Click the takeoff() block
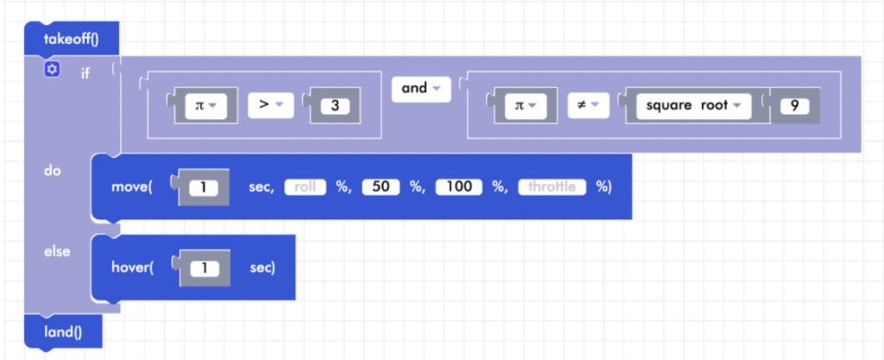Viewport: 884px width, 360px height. tap(71, 39)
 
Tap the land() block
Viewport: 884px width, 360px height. tap(63, 331)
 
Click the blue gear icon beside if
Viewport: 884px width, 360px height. tap(52, 69)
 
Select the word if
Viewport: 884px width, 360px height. tap(85, 73)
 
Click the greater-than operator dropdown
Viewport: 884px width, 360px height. tap(271, 105)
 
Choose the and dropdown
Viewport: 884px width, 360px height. tap(420, 88)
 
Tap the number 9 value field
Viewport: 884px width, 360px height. tap(794, 106)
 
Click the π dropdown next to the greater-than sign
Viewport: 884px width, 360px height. tap(205, 106)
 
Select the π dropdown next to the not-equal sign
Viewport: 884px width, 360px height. tap(523, 106)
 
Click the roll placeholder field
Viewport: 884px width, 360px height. tap(306, 186)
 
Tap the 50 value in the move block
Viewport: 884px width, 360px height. tap(380, 186)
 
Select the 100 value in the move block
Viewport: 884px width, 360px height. tap(459, 186)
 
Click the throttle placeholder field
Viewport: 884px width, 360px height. tap(552, 186)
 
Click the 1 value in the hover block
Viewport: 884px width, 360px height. tap(205, 268)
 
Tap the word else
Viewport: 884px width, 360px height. tap(56, 251)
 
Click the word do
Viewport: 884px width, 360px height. tap(52, 171)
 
